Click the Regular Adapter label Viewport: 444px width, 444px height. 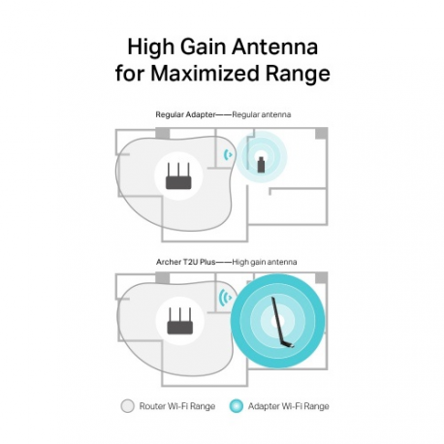(184, 114)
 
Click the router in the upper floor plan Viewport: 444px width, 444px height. (179, 175)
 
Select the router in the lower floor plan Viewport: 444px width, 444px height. (180, 322)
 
